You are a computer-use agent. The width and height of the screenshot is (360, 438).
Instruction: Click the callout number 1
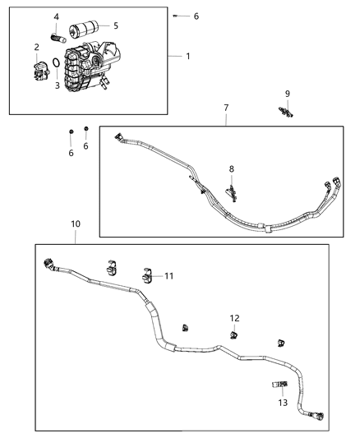188,56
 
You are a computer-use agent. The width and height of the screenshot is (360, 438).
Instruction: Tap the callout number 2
37,47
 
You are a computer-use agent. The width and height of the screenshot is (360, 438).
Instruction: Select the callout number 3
58,85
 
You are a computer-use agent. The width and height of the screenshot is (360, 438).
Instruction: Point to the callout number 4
56,17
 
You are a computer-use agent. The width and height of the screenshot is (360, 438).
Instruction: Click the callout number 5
115,25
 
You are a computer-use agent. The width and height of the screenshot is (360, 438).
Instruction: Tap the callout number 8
232,168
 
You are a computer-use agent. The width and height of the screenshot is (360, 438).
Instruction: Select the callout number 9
287,94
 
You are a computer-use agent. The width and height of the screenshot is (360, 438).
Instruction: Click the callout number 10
75,224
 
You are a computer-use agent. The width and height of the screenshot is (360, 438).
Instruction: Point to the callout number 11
168,276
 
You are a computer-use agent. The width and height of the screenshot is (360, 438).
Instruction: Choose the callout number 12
234,318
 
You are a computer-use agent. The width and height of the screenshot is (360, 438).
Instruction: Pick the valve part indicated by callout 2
38,71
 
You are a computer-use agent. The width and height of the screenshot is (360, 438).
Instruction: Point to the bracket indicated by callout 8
233,192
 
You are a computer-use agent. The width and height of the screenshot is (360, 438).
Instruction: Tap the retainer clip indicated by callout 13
278,383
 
